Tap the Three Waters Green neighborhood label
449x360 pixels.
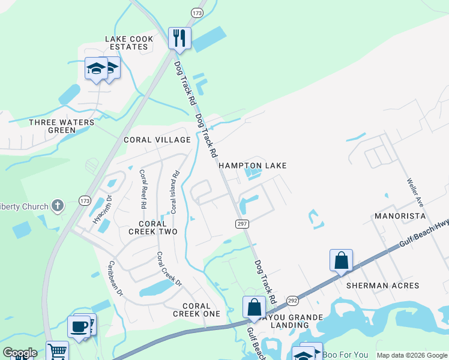click(62, 126)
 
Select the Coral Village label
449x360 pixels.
click(157, 140)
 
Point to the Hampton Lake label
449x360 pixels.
click(252, 166)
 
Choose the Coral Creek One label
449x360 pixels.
click(196, 310)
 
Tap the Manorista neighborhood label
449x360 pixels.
click(400, 216)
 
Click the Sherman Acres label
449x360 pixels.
click(382, 286)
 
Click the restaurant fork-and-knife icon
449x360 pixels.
click(179, 38)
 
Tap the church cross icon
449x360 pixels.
click(57, 206)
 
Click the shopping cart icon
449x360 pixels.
click(57, 351)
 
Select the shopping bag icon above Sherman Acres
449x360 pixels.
click(341, 260)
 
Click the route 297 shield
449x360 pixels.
click(238, 223)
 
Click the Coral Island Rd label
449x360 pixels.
click(173, 193)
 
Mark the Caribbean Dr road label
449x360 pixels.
click(115, 279)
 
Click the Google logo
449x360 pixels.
click(20, 353)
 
